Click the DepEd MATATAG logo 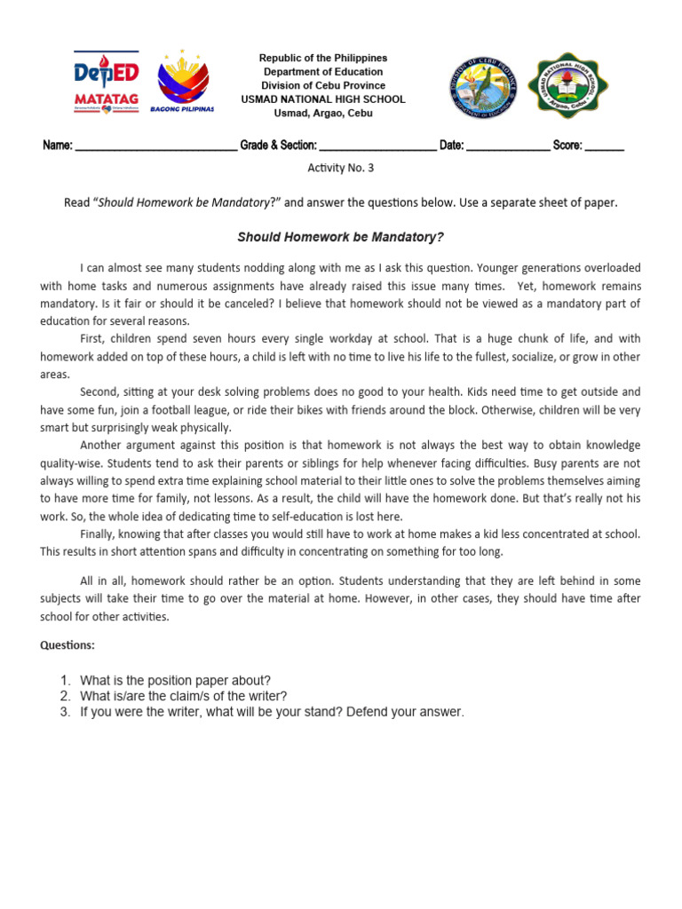pyautogui.click(x=106, y=83)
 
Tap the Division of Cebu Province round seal pyautogui.click(x=480, y=87)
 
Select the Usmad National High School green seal pyautogui.click(x=570, y=87)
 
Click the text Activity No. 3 pyautogui.click(x=341, y=169)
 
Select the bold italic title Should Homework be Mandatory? pyautogui.click(x=340, y=237)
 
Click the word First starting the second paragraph pyautogui.click(x=93, y=340)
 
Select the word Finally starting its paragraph pyautogui.click(x=99, y=534)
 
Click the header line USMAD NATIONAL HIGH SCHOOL pyautogui.click(x=323, y=99)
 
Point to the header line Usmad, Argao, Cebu pyautogui.click(x=323, y=114)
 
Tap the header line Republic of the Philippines pyautogui.click(x=323, y=58)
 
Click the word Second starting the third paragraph pyautogui.click(x=99, y=391)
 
